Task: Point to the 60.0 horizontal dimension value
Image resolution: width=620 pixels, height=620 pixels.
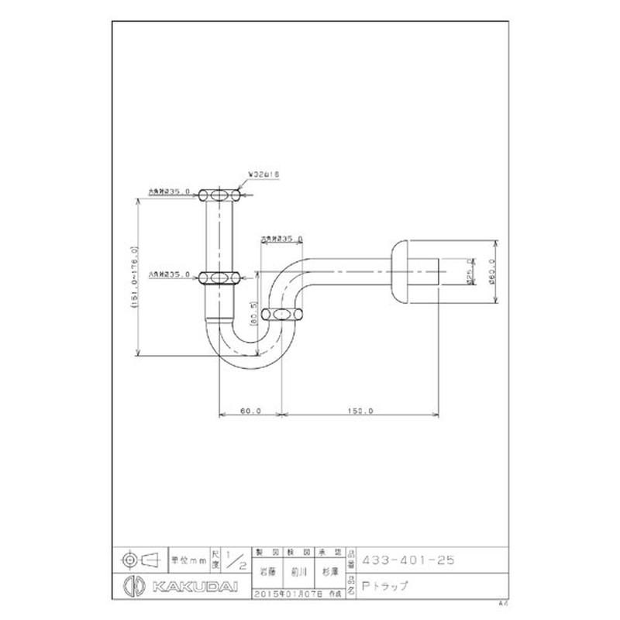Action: point(250,411)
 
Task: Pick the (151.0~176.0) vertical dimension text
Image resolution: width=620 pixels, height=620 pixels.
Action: point(135,277)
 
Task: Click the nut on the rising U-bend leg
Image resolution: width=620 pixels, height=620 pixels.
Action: point(283,314)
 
